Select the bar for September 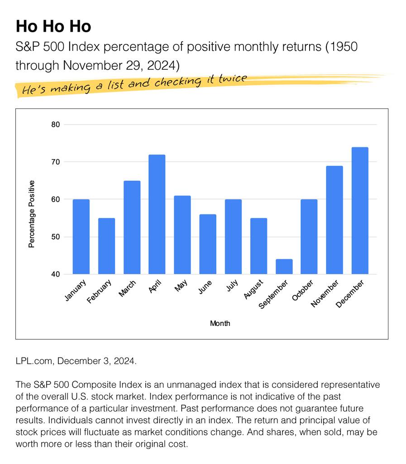(284, 267)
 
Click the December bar (360, 211)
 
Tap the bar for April (157, 214)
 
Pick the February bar (106, 246)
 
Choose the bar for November (334, 220)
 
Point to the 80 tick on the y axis (56, 125)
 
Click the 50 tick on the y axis (56, 237)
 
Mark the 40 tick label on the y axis (56, 274)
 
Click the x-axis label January (76, 290)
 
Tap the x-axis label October (304, 291)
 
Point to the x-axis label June (205, 288)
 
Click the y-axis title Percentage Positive (32, 214)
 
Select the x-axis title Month (220, 324)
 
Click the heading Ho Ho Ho (53, 26)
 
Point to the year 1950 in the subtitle (344, 48)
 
